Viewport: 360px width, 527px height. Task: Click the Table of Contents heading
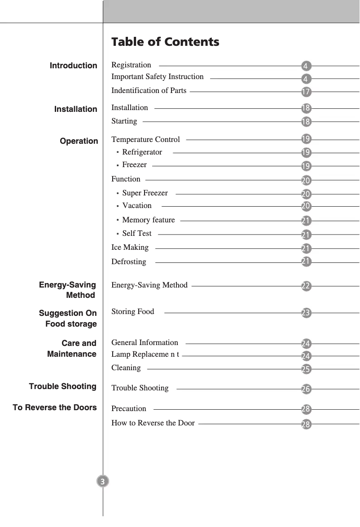pos(165,42)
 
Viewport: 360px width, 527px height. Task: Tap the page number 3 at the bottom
pos(103,482)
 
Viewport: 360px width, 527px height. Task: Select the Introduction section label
pos(73,66)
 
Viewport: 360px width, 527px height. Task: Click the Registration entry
pos(131,65)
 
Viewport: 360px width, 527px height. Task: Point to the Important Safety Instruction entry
pos(157,77)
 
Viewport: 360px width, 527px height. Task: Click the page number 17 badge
pos(306,92)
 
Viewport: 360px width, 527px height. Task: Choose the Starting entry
pos(124,121)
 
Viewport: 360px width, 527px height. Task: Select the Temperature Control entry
pos(145,139)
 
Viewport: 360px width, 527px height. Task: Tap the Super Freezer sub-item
pos(145,193)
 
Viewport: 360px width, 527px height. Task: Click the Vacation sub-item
pos(136,206)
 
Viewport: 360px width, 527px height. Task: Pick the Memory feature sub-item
pos(148,220)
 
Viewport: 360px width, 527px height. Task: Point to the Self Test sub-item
pos(136,234)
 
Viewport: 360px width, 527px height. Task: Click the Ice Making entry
pos(130,248)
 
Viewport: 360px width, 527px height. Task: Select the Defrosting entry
pos(128,262)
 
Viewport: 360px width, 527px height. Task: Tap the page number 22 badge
pos(306,286)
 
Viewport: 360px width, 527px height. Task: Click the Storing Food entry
pos(132,312)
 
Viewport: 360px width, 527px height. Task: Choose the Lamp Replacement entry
pos(145,354)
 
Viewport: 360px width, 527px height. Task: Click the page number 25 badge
pos(306,369)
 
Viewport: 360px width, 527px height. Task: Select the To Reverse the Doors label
pos(55,407)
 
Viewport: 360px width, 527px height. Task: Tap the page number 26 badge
pos(306,389)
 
